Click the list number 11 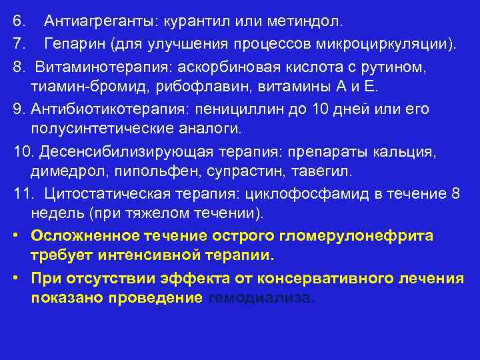click(x=22, y=193)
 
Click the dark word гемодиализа click(x=261, y=298)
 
